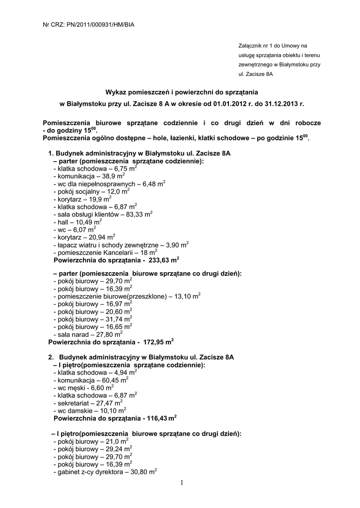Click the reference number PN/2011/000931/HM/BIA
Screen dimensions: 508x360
pos(102,24)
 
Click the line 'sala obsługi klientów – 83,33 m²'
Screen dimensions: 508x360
pos(102,214)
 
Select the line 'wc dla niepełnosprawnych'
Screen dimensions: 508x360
pos(109,184)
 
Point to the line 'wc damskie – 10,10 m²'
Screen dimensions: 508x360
pos(89,411)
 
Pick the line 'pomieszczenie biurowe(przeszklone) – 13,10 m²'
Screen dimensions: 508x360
pos(127,296)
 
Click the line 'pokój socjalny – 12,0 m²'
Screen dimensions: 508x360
pos(91,191)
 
